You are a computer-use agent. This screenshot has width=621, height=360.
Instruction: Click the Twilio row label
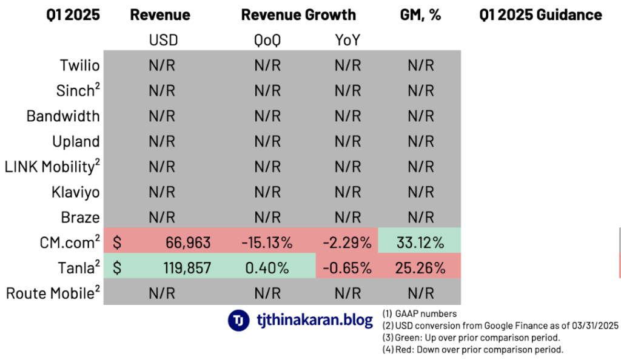(x=79, y=65)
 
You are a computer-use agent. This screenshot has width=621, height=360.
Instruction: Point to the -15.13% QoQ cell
(x=267, y=243)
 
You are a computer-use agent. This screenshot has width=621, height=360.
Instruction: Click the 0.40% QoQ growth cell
(x=267, y=268)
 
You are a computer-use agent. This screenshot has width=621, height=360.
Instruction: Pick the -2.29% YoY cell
(x=347, y=243)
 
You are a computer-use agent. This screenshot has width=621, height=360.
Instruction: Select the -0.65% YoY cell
(x=347, y=268)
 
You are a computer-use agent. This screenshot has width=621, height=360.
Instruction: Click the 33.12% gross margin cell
(x=420, y=243)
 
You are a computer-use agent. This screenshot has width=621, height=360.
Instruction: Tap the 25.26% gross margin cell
(x=420, y=268)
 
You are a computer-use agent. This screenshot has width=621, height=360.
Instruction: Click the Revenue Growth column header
(x=298, y=15)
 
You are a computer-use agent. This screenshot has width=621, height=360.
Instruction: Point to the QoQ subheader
(x=267, y=41)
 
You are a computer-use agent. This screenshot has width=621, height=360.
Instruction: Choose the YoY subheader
(x=347, y=41)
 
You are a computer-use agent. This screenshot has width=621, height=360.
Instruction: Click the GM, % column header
(x=420, y=15)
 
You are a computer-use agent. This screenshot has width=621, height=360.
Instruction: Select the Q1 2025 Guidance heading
(x=540, y=15)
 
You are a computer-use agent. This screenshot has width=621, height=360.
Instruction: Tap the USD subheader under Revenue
(x=162, y=41)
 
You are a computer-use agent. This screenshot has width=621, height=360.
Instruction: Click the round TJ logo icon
(x=239, y=320)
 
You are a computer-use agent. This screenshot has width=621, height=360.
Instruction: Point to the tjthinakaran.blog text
(x=314, y=320)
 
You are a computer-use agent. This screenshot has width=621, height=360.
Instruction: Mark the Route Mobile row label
(x=53, y=293)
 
